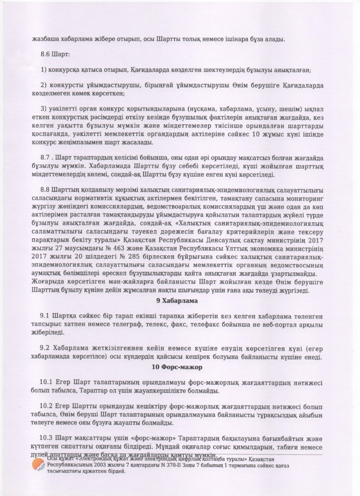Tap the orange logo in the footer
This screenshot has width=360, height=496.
[x=39, y=465]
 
